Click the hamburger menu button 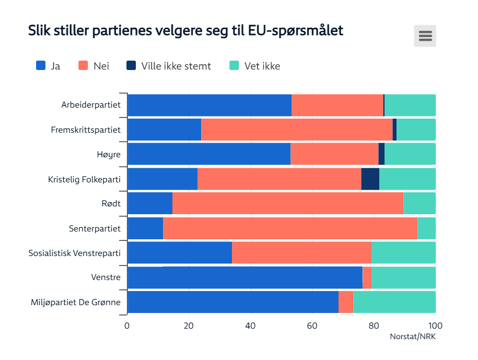[425, 36]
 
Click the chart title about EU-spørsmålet [185, 30]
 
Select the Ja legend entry [48, 66]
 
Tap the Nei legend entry [94, 66]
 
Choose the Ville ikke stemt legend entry [169, 66]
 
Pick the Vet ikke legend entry [255, 66]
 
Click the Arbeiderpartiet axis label [91, 105]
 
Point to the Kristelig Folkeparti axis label [84, 179]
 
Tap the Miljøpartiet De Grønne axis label [76, 302]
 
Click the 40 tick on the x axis [251, 326]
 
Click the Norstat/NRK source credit [413, 336]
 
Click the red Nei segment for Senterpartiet [290, 228]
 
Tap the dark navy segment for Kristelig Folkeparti [370, 179]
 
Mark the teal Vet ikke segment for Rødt [419, 203]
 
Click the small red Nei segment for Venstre [367, 277]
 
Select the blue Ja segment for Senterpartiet [145, 228]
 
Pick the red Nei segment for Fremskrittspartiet [297, 130]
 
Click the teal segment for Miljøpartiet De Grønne [394, 302]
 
